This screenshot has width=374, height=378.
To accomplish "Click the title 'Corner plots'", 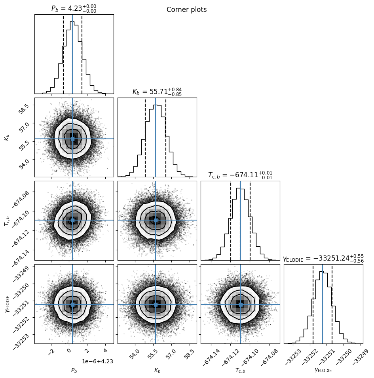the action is pos(186,10).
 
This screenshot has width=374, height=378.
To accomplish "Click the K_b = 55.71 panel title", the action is pos(157,92).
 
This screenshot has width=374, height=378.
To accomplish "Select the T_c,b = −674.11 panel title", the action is pos(240,175).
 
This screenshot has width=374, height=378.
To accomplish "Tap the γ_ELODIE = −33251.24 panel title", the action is pos(323,258).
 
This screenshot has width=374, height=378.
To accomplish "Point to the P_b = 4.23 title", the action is pos(74,8).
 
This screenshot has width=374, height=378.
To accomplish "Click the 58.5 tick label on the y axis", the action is pos(24,109).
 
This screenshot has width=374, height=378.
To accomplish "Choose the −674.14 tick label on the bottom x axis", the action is pos(211,357).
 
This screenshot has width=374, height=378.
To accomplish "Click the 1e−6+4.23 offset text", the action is pos(98,361).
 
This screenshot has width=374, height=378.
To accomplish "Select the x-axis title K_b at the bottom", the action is pos(157,370).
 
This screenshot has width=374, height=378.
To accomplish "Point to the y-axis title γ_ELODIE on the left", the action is pos(7,304).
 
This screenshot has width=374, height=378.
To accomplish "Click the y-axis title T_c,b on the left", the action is pos(7,221).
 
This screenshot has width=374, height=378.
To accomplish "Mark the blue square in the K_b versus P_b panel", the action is pos(73,139).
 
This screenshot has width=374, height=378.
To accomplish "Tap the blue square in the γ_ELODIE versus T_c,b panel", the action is pos(241,305).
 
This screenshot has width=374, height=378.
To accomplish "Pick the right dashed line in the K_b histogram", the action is pos(166,138).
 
